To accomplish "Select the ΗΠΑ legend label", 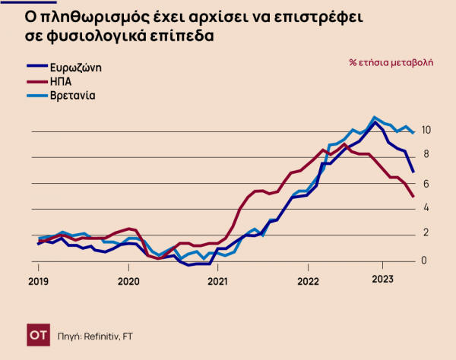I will (62, 81).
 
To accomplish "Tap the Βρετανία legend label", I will (73, 95).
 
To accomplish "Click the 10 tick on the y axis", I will (426, 130).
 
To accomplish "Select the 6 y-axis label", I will (426, 183).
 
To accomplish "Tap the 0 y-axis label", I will (426, 261).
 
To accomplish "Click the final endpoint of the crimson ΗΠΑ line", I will (413, 197).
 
